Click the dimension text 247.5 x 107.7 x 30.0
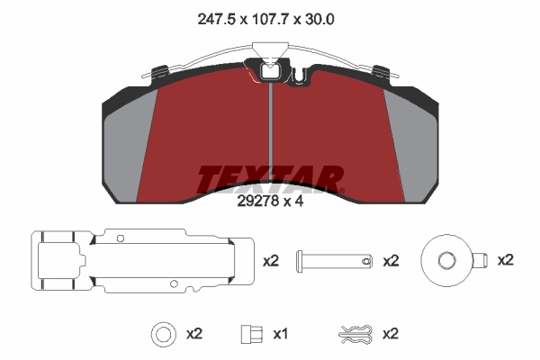(x=265, y=20)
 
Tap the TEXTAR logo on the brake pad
(x=270, y=179)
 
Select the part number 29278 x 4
(x=270, y=202)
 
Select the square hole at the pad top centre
(x=270, y=72)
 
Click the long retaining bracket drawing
(x=142, y=261)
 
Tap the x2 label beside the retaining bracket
(x=271, y=261)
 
